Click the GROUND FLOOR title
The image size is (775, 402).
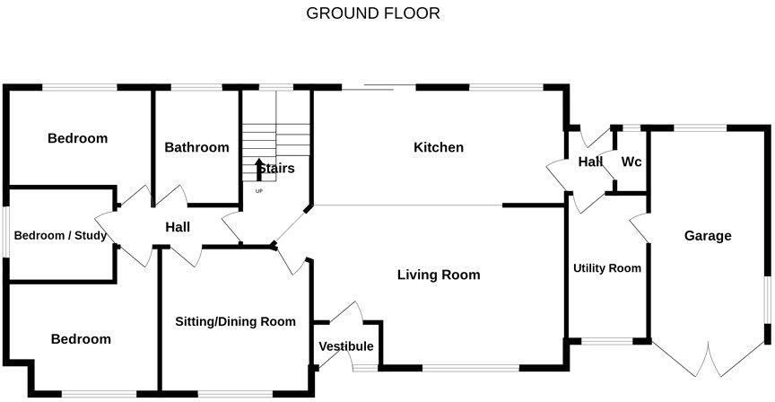tap(373, 13)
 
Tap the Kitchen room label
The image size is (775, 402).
tap(438, 147)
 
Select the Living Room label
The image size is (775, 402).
tap(438, 275)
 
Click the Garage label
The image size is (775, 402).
tap(708, 236)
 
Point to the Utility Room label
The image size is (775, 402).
tap(607, 268)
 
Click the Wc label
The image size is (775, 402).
tap(631, 162)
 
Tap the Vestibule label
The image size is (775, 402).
tap(345, 346)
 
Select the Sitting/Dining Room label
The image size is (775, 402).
tap(235, 321)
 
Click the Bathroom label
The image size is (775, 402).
tap(196, 147)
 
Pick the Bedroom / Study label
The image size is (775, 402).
tap(60, 236)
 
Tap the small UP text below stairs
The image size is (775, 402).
tap(259, 191)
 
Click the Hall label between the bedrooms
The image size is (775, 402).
tap(178, 228)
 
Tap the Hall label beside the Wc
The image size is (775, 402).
tap(589, 162)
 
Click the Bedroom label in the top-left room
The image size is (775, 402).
tap(77, 138)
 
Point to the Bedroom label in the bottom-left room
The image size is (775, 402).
tap(81, 339)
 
